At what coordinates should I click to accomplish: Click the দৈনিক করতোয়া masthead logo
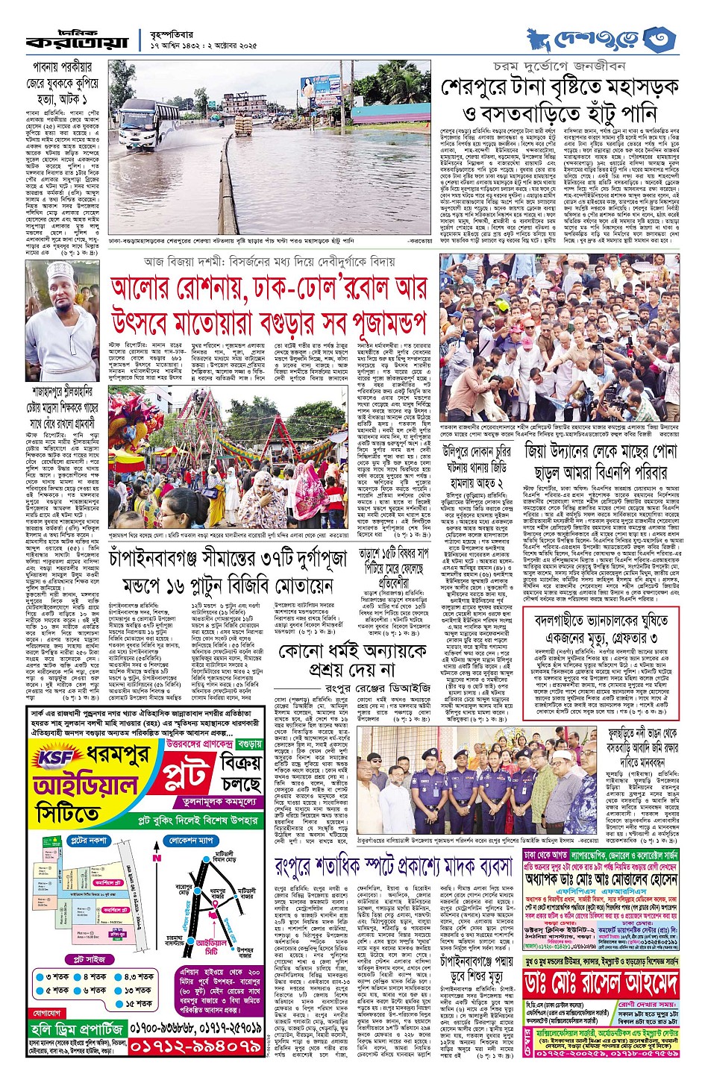pyautogui.click(x=76, y=42)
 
